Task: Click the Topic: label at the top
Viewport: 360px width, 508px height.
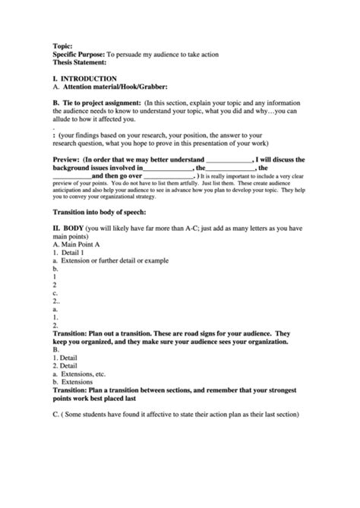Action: pyautogui.click(x=62, y=46)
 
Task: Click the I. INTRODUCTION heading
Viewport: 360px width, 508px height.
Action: pyautogui.click(x=84, y=78)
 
